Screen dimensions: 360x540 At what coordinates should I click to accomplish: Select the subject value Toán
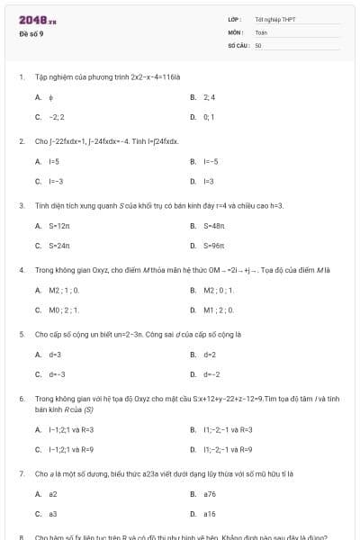(261, 31)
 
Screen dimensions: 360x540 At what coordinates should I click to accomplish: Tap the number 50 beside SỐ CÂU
(258, 44)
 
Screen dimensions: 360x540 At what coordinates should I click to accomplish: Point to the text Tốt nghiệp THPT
(275, 19)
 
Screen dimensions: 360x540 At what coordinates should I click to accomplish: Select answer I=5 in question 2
(54, 161)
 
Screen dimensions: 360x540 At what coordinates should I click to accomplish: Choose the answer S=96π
(214, 245)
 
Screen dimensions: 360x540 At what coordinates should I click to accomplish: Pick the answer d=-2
(212, 373)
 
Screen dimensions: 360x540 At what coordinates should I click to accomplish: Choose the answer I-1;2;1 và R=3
(71, 428)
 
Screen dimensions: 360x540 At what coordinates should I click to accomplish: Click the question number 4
(21, 270)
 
